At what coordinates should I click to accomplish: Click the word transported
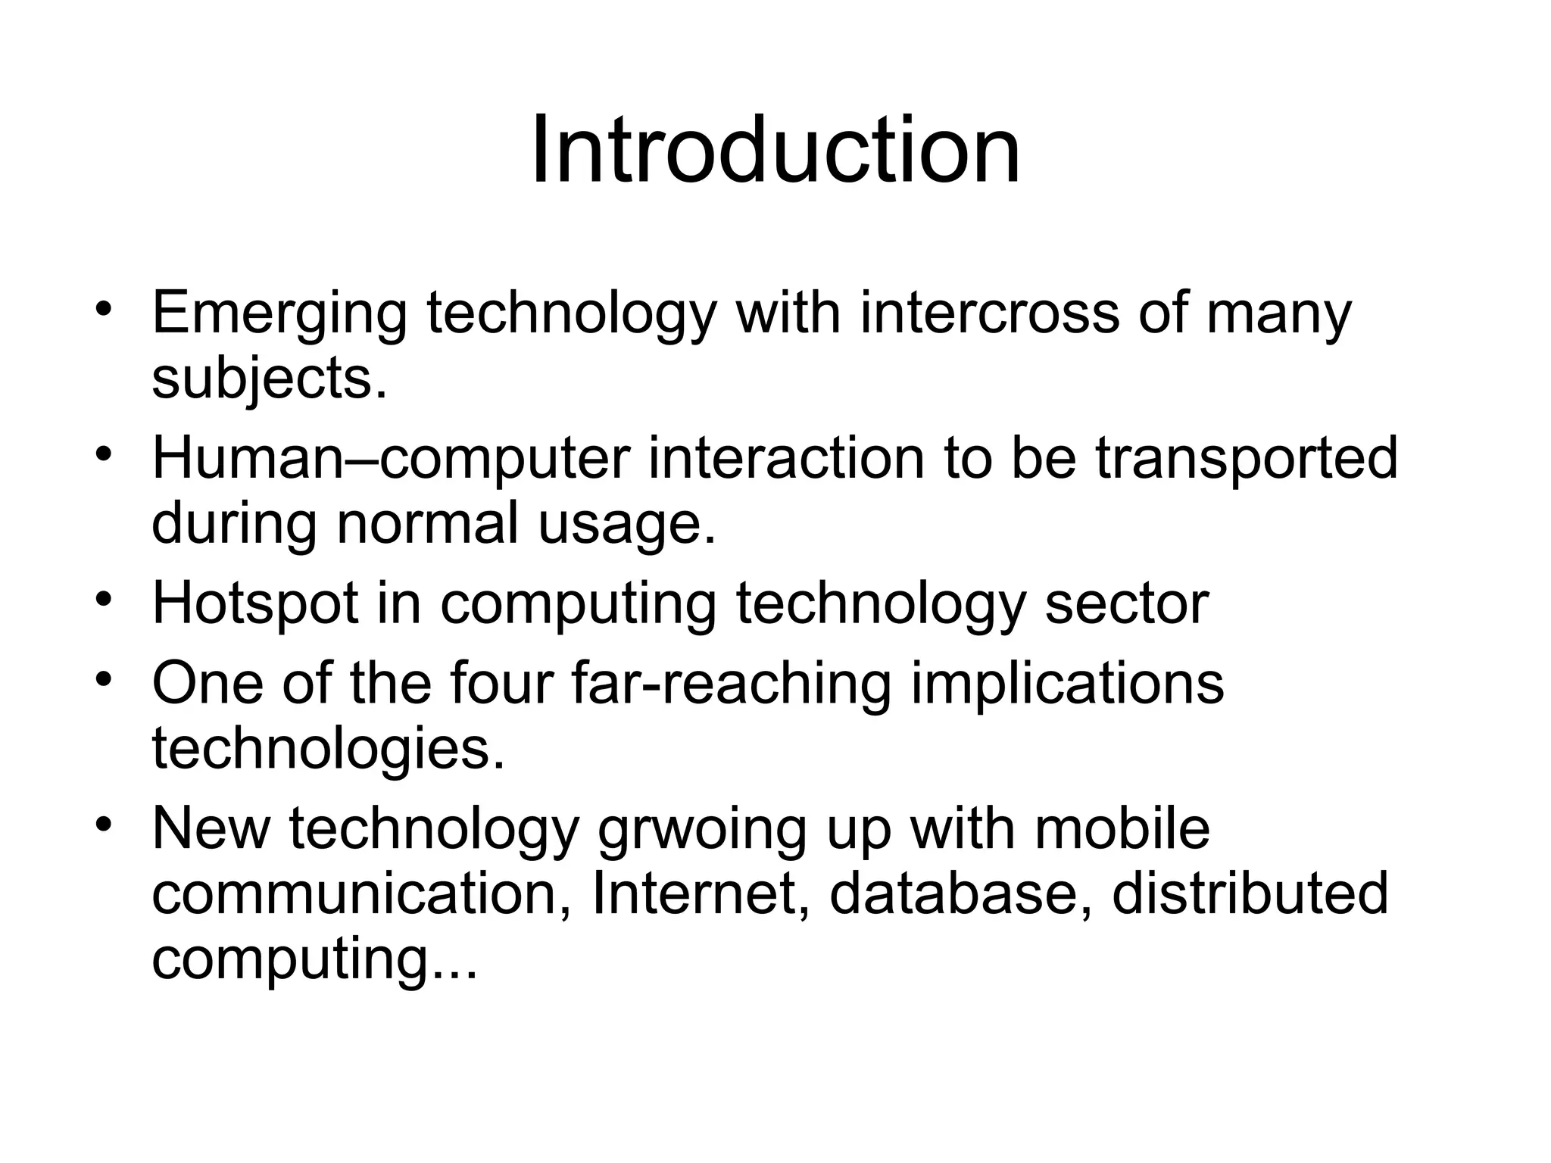point(1246,459)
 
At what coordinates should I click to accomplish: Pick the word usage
point(626,525)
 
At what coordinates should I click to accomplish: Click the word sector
point(1127,605)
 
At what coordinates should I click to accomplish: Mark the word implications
point(1066,684)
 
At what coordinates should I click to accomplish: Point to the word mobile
point(1122,828)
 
